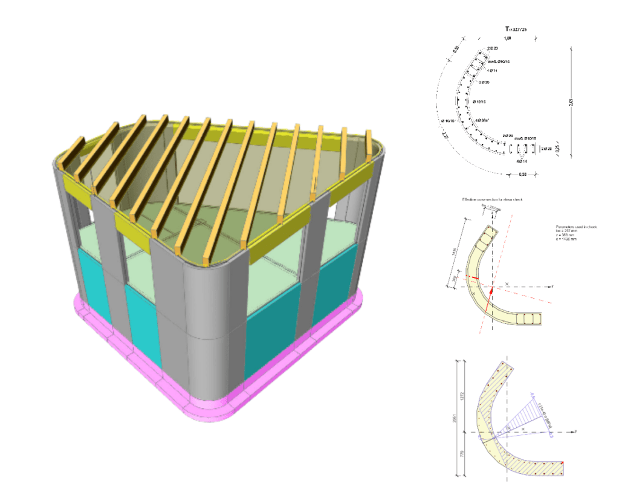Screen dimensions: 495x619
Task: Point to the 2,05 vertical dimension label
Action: click(x=571, y=103)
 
